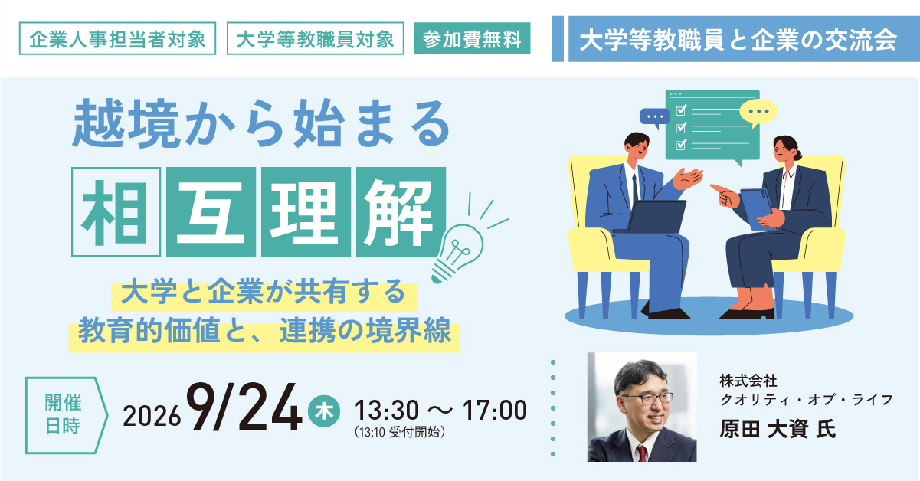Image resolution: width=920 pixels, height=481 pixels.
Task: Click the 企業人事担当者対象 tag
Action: point(117,38)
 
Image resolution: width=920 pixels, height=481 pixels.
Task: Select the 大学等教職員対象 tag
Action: point(316,38)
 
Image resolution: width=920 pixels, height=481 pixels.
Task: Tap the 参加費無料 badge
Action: point(472,38)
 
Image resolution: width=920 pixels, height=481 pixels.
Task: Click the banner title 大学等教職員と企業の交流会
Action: point(738,40)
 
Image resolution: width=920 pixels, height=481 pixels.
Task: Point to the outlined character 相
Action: point(116,212)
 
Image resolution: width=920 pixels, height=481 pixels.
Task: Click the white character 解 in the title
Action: point(401,212)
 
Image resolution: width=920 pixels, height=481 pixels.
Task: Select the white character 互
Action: point(211,212)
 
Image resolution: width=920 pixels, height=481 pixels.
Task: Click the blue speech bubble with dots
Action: point(655,117)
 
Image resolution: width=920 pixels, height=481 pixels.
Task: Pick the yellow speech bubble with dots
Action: point(758,112)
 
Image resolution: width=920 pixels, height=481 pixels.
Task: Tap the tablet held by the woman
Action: point(756,208)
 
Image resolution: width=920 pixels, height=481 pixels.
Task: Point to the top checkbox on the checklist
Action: point(681,110)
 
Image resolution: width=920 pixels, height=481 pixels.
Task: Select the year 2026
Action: point(152,416)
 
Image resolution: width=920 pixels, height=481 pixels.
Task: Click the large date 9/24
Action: point(244,407)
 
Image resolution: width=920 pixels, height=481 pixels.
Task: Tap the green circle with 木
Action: point(323,411)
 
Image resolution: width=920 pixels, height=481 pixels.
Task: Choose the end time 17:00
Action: point(495,410)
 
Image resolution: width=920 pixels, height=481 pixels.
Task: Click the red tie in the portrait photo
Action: point(641,453)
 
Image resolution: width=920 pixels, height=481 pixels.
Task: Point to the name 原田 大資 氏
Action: point(778,429)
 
